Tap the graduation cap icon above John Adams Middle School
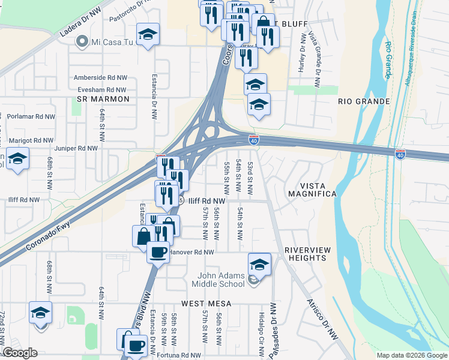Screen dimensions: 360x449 point(259,264)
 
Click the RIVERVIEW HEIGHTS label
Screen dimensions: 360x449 point(306,254)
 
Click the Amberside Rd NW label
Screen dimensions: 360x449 point(100,77)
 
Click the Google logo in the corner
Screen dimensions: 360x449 point(20,353)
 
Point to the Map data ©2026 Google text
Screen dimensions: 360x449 point(411,355)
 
